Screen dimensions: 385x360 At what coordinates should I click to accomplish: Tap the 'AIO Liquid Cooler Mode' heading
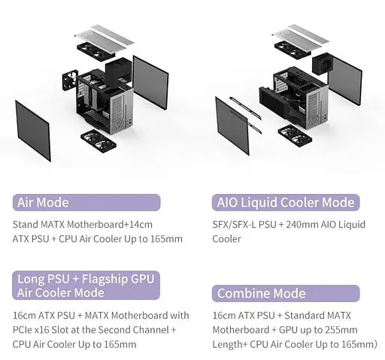pos(286,202)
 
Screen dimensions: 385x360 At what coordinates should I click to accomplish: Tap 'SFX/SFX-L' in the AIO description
pos(234,224)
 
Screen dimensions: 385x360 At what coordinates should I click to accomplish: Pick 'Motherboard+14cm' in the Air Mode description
pos(110,224)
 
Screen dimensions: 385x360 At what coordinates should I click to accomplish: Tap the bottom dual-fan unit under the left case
pos(99,141)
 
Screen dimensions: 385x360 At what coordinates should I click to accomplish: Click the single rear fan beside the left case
pos(70,80)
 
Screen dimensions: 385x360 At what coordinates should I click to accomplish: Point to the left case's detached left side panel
pos(33,130)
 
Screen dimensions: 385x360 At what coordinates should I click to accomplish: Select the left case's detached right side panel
pos(150,83)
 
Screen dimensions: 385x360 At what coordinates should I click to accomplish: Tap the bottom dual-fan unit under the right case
pos(295,136)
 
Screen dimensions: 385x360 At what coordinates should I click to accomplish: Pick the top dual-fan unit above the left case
pos(95,51)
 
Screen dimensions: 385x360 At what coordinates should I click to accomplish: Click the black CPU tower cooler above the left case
pos(118,71)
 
